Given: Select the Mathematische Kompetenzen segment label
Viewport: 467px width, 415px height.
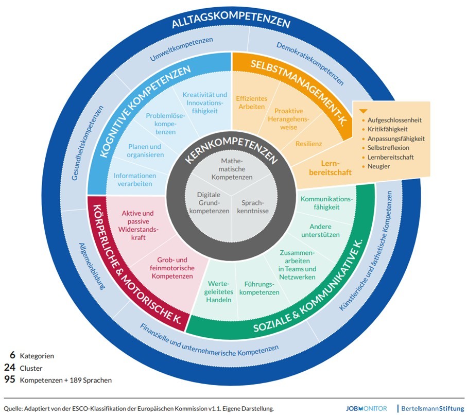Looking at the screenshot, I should coord(230,169).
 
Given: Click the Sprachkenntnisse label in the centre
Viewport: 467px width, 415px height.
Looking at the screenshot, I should coord(255,206).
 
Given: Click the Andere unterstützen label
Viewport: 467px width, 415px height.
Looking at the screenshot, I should coord(324,230).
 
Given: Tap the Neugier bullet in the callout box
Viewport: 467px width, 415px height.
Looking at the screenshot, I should coord(378,166).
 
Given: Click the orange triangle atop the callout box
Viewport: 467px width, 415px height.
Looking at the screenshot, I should coord(363,111).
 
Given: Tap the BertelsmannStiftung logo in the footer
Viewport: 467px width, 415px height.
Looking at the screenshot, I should coord(432,407).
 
